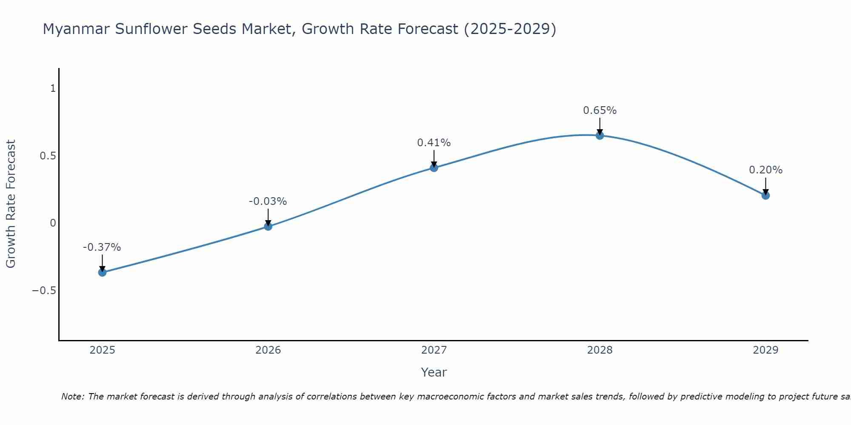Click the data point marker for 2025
(x=102, y=272)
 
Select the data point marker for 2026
(x=268, y=227)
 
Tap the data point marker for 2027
(x=434, y=168)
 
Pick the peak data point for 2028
(x=600, y=136)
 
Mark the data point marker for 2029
(x=765, y=195)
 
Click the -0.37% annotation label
(x=102, y=247)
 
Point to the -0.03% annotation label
(x=268, y=201)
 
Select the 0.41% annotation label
(x=434, y=143)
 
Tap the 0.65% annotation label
(x=600, y=110)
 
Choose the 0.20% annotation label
(x=765, y=170)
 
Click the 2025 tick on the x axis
(x=103, y=350)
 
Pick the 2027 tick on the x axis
(x=434, y=350)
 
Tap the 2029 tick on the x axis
(x=765, y=350)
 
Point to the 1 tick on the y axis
(x=53, y=88)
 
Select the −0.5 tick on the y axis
(x=44, y=290)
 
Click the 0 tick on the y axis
(x=53, y=223)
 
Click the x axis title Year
(x=434, y=372)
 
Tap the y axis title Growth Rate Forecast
(x=11, y=204)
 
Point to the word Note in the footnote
(x=72, y=397)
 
